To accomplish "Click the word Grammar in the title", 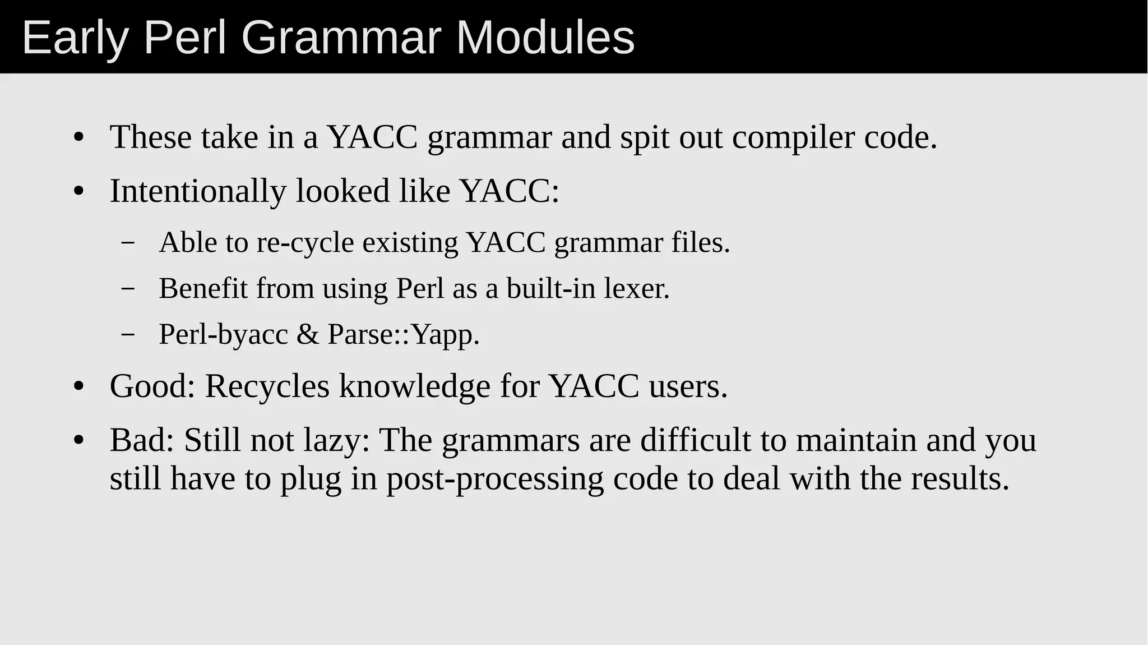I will (342, 38).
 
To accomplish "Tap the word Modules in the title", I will (545, 38).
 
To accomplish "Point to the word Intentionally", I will (198, 191).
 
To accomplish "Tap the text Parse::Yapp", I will (404, 335).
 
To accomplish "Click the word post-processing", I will (495, 479).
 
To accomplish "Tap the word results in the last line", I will (960, 479).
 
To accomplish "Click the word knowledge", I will (414, 386).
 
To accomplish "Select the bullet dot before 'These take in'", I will (78, 139).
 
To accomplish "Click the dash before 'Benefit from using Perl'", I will (128, 289).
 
